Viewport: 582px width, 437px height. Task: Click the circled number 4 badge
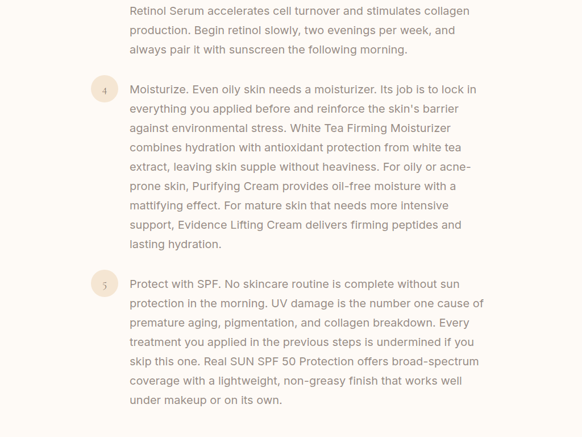point(105,89)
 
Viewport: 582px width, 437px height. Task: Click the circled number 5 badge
point(105,284)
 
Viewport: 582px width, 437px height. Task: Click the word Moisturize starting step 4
point(158,89)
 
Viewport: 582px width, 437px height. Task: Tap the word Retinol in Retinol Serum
point(148,11)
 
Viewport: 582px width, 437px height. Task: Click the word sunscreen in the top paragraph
point(257,50)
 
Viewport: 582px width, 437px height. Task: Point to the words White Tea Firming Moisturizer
point(370,128)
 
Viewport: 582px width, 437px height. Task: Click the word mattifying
point(156,205)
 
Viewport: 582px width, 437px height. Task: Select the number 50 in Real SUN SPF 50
point(289,361)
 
